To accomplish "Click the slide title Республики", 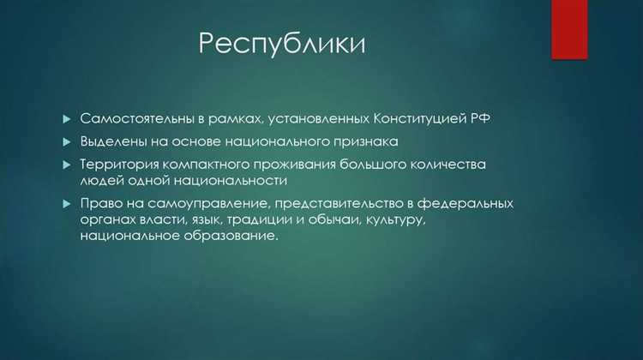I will coord(281,43).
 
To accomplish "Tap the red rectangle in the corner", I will coord(569,29).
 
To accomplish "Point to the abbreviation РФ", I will coord(482,117).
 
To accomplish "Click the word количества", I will coord(448,163).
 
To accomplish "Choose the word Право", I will coord(100,204).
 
